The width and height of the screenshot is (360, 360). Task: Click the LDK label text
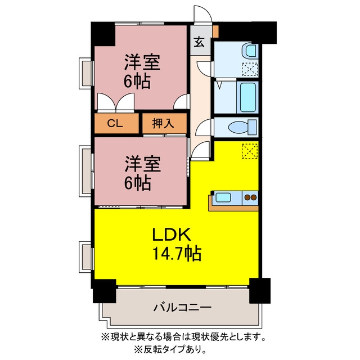[172, 235]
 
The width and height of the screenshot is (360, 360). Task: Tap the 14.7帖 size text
[177, 253]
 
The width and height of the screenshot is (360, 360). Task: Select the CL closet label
[115, 124]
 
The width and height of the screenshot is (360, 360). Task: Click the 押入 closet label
[163, 124]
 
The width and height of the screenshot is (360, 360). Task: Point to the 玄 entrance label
[199, 42]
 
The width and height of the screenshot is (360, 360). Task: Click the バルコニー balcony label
[182, 308]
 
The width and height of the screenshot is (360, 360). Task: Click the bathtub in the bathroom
[247, 97]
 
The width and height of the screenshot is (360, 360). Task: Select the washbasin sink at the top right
[250, 51]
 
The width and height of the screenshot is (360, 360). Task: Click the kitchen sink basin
[223, 197]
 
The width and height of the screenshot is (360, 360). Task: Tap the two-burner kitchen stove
[250, 197]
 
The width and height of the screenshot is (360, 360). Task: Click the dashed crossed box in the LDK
[250, 151]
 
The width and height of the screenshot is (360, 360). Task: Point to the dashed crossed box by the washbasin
[250, 69]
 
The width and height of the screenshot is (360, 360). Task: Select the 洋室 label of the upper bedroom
[142, 62]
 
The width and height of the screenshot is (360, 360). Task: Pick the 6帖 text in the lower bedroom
[137, 183]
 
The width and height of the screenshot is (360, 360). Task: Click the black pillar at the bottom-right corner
[260, 290]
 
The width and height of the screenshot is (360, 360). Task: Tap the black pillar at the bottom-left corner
[105, 291]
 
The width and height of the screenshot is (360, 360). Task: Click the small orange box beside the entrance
[215, 31]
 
